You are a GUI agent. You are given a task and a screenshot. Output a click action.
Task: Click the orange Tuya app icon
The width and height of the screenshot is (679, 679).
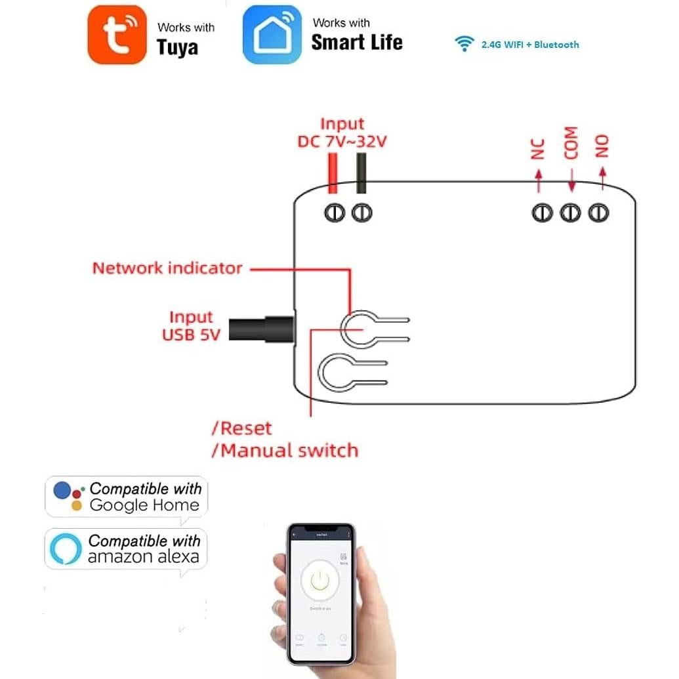click(x=117, y=35)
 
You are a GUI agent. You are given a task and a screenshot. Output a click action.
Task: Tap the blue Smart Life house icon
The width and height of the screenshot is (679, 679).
click(x=272, y=35)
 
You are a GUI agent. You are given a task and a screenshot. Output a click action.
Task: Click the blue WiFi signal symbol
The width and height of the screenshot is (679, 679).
click(x=464, y=44)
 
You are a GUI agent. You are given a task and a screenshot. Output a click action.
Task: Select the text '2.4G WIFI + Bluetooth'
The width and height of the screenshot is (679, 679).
click(x=530, y=45)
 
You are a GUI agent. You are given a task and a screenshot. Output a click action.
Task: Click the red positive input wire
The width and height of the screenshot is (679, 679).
click(x=332, y=172)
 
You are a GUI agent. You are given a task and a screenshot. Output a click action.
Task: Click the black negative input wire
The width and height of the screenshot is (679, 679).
click(x=361, y=172)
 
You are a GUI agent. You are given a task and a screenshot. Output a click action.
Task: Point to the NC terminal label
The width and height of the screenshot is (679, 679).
click(x=538, y=148)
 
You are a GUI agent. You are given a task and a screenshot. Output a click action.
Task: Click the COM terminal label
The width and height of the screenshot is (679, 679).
click(x=571, y=142)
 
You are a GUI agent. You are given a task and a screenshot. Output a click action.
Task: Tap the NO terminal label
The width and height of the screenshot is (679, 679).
click(x=602, y=146)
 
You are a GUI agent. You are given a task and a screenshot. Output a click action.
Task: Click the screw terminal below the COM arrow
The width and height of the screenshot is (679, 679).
click(x=570, y=213)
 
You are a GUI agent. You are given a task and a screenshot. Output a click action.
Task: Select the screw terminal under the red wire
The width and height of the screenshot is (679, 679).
click(x=335, y=213)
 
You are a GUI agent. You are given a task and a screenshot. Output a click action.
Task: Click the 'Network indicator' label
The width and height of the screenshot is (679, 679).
click(x=167, y=268)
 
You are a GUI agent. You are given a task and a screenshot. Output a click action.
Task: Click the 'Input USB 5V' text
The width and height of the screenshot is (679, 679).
click(x=190, y=325)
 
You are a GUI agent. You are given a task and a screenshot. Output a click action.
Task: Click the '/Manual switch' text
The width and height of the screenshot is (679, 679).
click(x=285, y=451)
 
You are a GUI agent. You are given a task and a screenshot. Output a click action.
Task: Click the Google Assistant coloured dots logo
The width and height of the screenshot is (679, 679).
click(x=69, y=496)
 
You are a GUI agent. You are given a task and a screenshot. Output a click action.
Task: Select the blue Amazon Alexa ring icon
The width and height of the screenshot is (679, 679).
click(x=66, y=548)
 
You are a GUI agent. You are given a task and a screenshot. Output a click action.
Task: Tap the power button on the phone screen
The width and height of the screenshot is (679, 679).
click(x=319, y=579)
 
